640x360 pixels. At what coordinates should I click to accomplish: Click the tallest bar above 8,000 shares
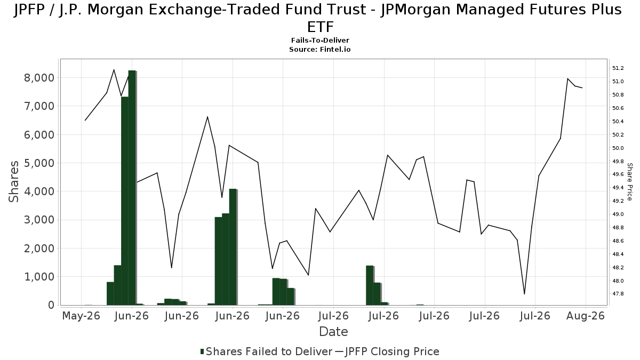[132, 188]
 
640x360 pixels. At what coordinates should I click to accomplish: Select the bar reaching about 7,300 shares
[125, 201]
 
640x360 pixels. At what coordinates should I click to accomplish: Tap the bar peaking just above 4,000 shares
[233, 247]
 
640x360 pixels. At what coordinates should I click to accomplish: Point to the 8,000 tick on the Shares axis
[39, 78]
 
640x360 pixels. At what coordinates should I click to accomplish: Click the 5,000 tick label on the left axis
[39, 163]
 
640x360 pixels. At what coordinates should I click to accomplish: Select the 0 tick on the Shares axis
[51, 305]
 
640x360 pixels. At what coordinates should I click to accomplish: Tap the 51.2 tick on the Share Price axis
[618, 68]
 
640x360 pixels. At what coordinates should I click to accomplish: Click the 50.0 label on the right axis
[618, 148]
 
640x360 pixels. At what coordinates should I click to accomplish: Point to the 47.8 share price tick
[618, 294]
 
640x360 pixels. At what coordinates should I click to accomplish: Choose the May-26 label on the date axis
[81, 316]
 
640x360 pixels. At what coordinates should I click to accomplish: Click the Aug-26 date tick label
[586, 316]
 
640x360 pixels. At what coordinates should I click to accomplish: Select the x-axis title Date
[333, 332]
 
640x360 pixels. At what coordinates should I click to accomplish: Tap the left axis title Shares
[13, 182]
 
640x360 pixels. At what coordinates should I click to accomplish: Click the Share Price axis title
[629, 182]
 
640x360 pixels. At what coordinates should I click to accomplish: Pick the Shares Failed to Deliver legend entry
[266, 351]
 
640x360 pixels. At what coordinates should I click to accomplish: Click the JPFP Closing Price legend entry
[387, 351]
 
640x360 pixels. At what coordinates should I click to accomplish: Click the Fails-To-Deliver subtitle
[320, 41]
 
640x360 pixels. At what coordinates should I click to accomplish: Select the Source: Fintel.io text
[320, 50]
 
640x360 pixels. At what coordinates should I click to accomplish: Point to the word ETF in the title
[321, 27]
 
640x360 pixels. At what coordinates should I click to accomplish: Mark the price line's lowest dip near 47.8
[524, 294]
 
